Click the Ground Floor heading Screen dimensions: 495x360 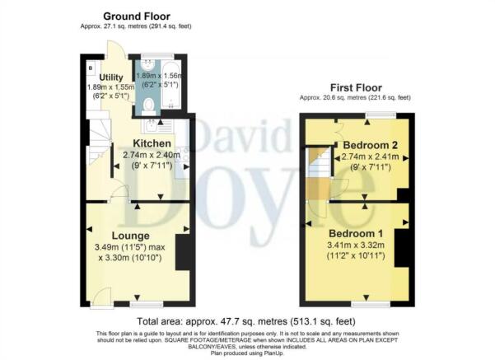[x=137, y=16]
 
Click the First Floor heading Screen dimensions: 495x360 [x=356, y=87]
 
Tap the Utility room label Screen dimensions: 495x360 [x=111, y=77]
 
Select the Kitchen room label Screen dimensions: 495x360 [x=152, y=143]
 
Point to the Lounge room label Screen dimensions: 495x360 [x=131, y=236]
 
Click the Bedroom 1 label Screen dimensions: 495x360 [x=356, y=234]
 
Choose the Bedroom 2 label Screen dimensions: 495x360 [x=371, y=145]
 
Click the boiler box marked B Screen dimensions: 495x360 [x=91, y=68]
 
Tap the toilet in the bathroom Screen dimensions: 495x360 [x=147, y=105]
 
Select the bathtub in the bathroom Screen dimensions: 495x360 [x=170, y=86]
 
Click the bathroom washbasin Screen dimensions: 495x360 [x=147, y=65]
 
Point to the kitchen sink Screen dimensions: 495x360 [x=152, y=126]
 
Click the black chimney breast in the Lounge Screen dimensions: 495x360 [x=182, y=252]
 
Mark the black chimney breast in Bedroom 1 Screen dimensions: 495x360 [x=402, y=248]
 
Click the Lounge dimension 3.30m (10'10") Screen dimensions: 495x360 [x=130, y=258]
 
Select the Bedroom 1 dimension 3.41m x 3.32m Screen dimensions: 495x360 [x=356, y=245]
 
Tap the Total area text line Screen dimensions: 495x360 [x=246, y=321]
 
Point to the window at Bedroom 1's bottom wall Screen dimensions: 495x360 [x=371, y=304]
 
